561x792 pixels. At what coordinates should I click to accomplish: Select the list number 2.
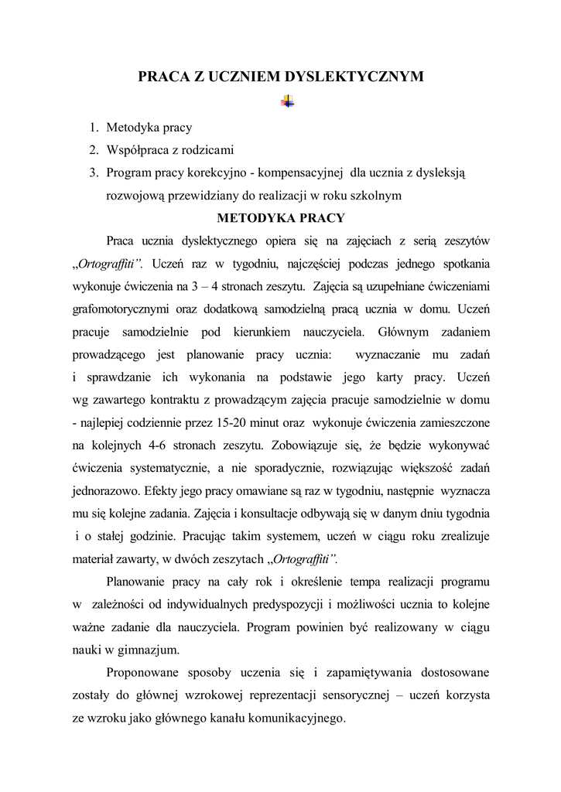tap(92, 149)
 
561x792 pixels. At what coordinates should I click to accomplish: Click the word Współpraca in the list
tap(135, 149)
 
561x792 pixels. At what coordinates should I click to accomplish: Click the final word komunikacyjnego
tap(285, 718)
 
